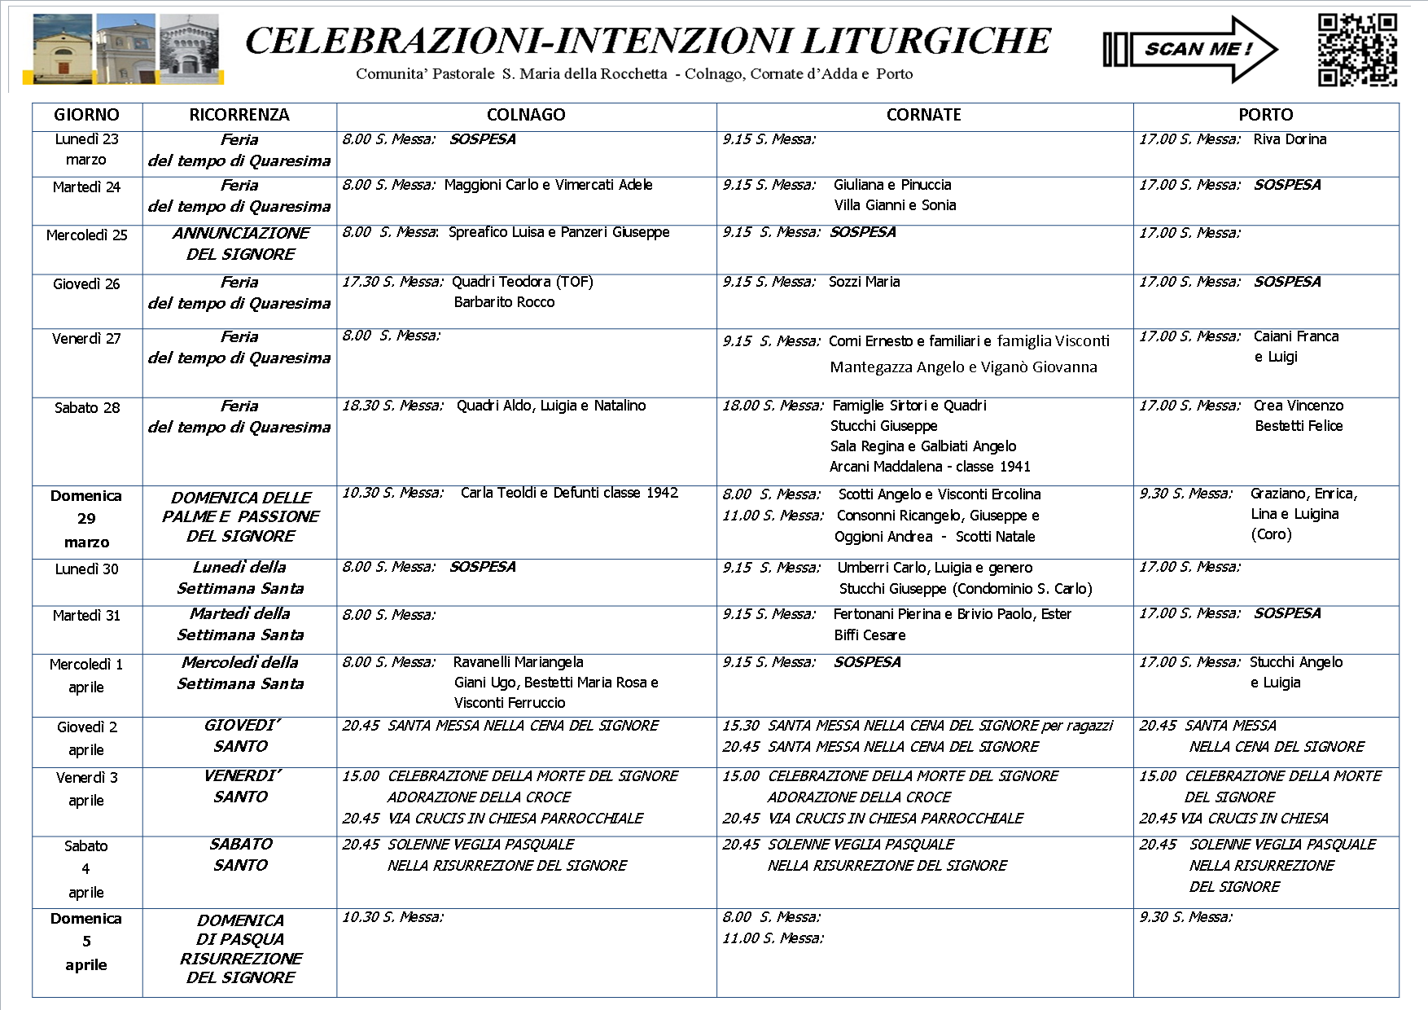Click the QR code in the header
click(1357, 49)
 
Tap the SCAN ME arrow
click(1190, 50)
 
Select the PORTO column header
click(1265, 115)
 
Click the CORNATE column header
click(923, 115)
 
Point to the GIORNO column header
click(86, 115)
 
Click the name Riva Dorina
click(1290, 139)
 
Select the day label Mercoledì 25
click(86, 235)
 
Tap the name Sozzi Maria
click(864, 282)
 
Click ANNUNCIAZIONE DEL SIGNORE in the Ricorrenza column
click(240, 244)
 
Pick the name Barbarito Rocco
click(504, 302)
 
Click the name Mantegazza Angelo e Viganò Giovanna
click(963, 367)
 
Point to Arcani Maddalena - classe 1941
click(930, 467)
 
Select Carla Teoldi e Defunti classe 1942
click(569, 493)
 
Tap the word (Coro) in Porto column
click(1271, 534)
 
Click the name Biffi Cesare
click(870, 635)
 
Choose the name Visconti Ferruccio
click(510, 703)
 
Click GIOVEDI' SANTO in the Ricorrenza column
click(240, 736)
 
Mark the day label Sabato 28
click(86, 408)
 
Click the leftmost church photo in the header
click(63, 49)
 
